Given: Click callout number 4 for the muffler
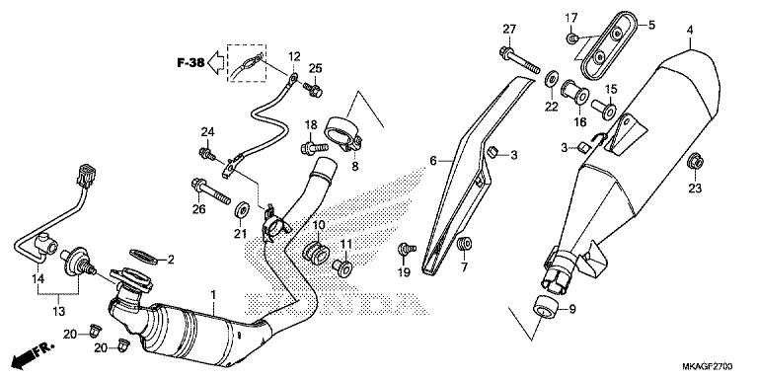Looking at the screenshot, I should (x=691, y=29).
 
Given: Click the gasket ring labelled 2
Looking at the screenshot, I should (x=145, y=259).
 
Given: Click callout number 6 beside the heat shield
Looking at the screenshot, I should (x=432, y=160).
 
